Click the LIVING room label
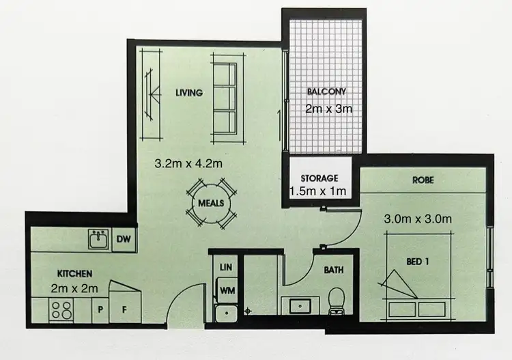click(189, 93)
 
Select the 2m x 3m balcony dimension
click(329, 109)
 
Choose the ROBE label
click(423, 181)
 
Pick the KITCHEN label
click(74, 275)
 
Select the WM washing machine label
click(226, 290)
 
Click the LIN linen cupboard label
click(226, 267)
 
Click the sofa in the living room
click(225, 100)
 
